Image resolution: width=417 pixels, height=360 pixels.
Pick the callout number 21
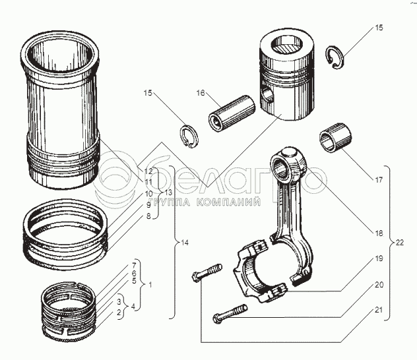point(378,311)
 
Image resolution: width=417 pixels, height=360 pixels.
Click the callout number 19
point(378,259)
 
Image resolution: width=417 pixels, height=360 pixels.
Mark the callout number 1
point(150,285)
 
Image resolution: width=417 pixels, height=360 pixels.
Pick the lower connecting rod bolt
point(230,316)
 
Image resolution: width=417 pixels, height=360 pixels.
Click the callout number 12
point(149,171)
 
